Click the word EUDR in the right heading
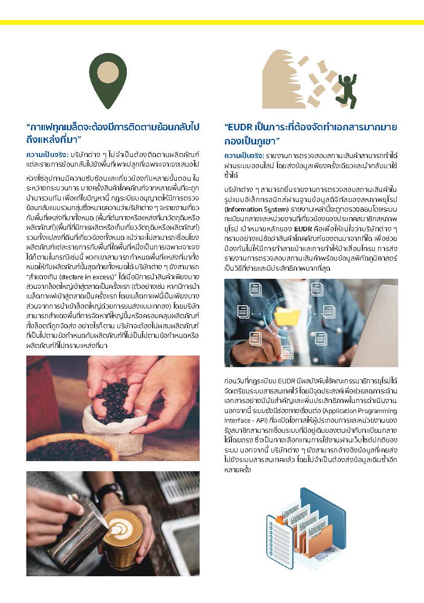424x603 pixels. click(242, 126)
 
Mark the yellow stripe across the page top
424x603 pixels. click(212, 22)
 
